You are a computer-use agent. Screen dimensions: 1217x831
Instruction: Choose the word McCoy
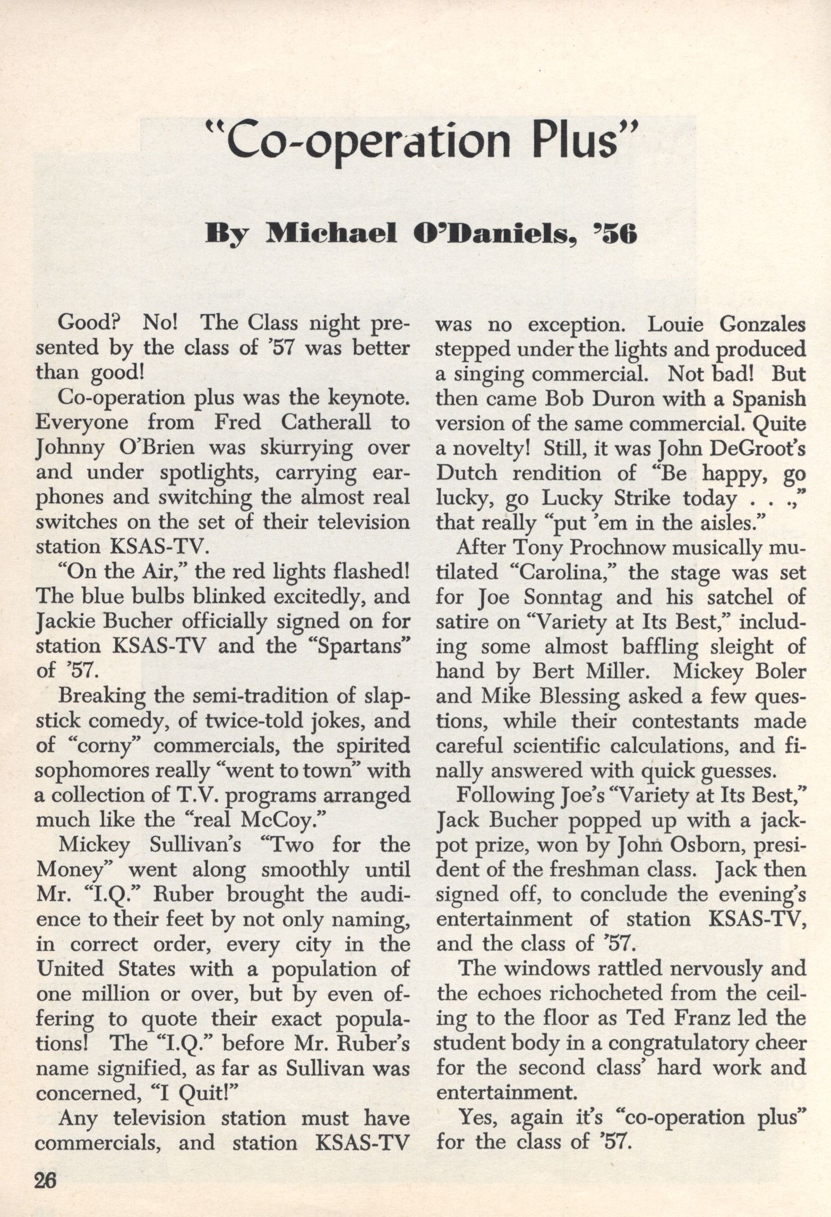tap(279, 820)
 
